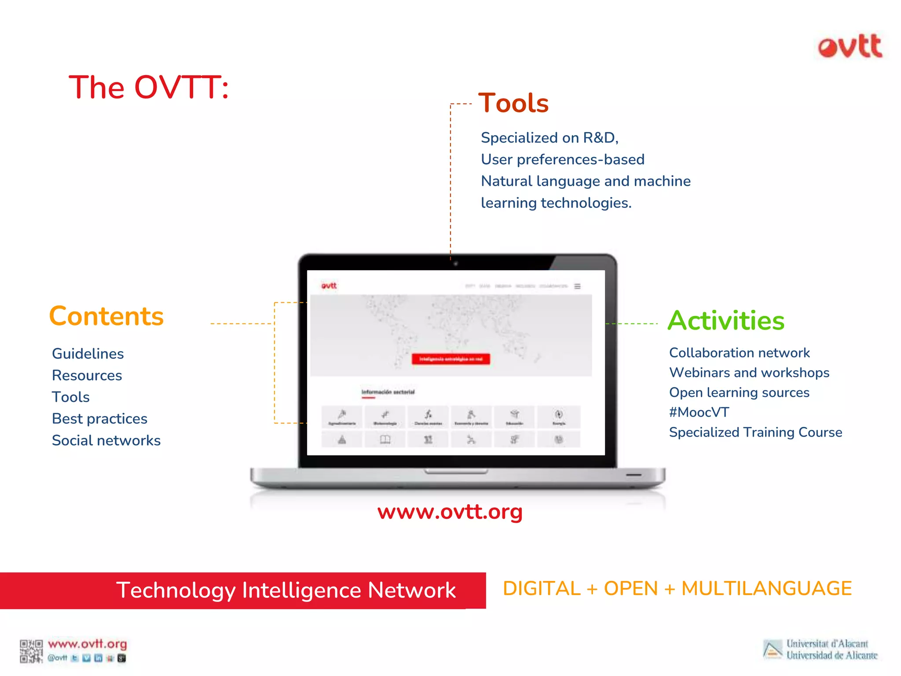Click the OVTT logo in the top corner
(850, 47)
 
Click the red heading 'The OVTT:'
(149, 87)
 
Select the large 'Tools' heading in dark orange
(513, 103)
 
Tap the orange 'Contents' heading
(106, 316)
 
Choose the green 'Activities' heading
(726, 320)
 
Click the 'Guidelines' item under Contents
(88, 353)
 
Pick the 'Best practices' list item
(99, 419)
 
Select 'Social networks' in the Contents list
(106, 440)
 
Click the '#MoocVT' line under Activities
(699, 412)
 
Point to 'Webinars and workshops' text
(749, 372)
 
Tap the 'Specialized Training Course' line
(755, 432)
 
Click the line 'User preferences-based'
(562, 159)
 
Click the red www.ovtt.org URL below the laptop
(450, 512)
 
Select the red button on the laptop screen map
(450, 359)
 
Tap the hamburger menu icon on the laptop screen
(577, 286)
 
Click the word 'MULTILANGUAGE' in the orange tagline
(766, 588)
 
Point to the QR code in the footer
(31, 651)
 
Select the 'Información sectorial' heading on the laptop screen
(388, 392)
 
